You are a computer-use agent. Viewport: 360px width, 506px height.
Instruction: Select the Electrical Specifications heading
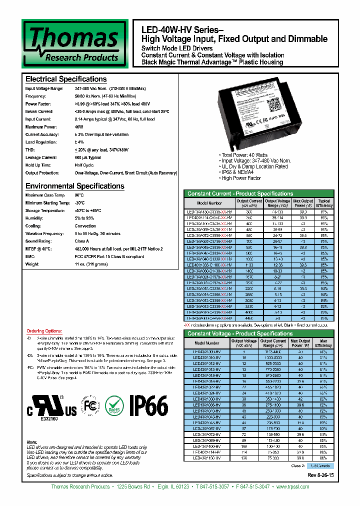click(66, 79)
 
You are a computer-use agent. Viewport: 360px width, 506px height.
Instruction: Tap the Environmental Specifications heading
click(74, 186)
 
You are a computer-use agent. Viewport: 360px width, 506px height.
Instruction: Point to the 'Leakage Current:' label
click(39, 157)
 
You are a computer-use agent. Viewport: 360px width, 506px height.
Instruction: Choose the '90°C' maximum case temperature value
click(79, 195)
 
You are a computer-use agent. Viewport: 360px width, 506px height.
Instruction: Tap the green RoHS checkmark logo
click(116, 406)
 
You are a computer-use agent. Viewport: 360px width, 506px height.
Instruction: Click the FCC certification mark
click(90, 406)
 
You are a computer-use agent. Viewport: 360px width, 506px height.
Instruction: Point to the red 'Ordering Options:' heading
click(44, 331)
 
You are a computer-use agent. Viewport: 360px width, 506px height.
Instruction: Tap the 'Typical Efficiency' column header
click(324, 203)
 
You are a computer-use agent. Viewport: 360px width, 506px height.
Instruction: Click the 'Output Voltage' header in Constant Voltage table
click(243, 343)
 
